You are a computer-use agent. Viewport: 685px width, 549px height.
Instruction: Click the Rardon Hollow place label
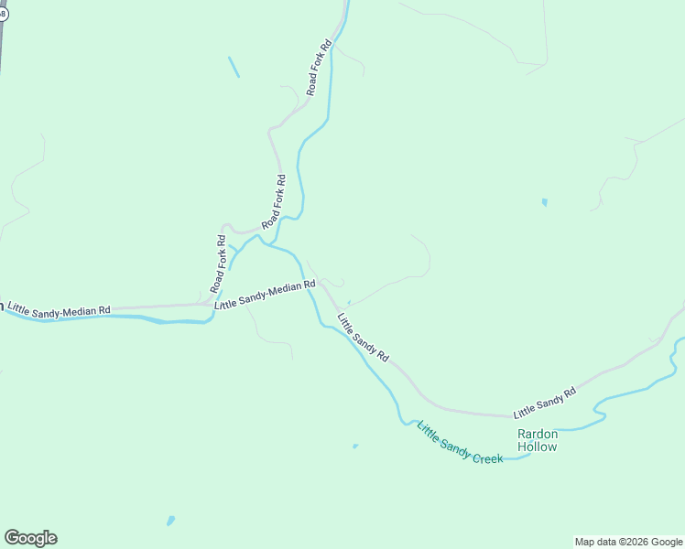tap(537, 440)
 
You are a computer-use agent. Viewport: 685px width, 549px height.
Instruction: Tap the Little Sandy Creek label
tap(460, 443)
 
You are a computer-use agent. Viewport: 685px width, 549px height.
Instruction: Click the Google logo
tap(30, 538)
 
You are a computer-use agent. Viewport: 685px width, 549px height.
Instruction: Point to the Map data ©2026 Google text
tap(628, 542)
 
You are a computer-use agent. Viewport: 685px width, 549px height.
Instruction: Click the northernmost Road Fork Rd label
tap(318, 67)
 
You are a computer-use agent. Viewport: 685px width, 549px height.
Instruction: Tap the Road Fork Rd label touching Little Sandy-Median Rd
tap(217, 264)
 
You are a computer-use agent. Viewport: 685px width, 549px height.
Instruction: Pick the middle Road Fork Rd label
tap(275, 201)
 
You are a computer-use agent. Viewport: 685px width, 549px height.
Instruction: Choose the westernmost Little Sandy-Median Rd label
tap(60, 311)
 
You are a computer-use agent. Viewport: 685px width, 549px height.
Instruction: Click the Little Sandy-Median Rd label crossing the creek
tap(265, 293)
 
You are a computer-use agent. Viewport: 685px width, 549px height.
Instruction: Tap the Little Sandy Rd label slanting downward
tap(363, 338)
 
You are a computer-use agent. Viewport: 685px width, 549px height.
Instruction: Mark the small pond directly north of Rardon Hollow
tap(544, 202)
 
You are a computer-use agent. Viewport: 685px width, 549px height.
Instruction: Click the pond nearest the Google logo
tap(170, 521)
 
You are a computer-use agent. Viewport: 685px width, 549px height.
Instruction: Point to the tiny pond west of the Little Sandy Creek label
tap(355, 447)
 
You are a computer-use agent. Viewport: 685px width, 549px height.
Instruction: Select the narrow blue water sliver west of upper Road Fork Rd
tap(234, 67)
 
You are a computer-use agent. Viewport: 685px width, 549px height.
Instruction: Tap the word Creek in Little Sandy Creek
tap(487, 455)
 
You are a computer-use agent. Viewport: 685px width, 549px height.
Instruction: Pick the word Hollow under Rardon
tap(537, 447)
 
